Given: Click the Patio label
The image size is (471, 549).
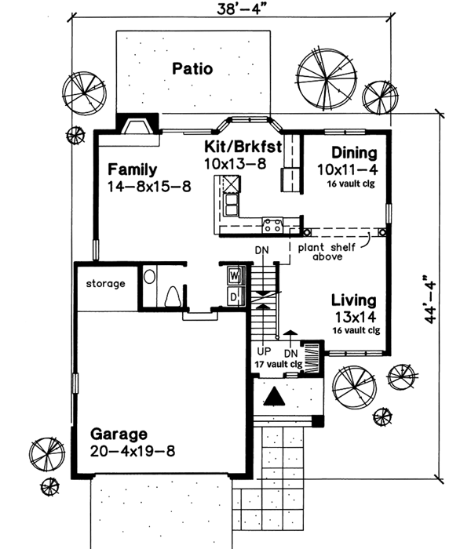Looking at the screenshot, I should click(x=192, y=69).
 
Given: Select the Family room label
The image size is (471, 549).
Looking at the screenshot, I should click(x=133, y=169).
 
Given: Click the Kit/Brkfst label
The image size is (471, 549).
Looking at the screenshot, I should click(x=235, y=147).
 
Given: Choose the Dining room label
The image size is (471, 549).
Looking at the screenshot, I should click(x=353, y=153).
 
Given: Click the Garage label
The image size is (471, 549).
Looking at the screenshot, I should click(x=119, y=434).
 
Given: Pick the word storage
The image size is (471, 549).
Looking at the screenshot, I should click(x=106, y=283).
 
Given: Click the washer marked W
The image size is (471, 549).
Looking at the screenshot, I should click(x=234, y=276).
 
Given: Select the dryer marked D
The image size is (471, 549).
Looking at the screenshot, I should click(x=234, y=296).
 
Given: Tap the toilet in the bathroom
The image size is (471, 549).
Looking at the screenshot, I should click(x=172, y=296).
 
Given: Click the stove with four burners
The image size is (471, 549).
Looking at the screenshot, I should click(x=272, y=226).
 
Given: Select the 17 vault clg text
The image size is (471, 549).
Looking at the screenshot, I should click(x=278, y=365).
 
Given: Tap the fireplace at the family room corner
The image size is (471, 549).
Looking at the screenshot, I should click(x=137, y=125).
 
